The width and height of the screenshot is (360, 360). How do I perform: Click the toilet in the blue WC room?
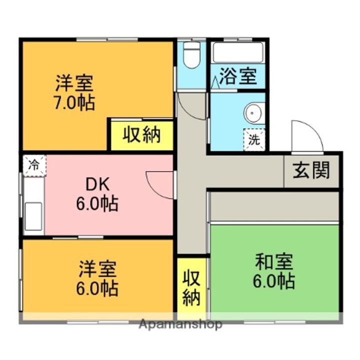(191, 55)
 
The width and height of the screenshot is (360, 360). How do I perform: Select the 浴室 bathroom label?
(238, 78)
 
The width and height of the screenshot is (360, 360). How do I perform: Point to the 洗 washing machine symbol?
(254, 139)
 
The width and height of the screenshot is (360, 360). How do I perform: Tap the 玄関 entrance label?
(311, 170)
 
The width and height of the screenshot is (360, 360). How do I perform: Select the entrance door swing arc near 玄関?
(306, 135)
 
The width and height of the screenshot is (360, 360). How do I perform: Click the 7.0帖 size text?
(74, 102)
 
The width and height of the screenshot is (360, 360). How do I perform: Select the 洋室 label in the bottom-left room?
(97, 269)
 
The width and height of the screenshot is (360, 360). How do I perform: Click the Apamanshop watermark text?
(180, 324)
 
